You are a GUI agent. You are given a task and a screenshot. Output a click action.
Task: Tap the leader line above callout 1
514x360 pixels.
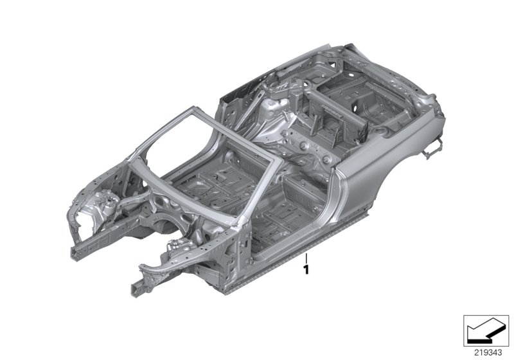(306, 259)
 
